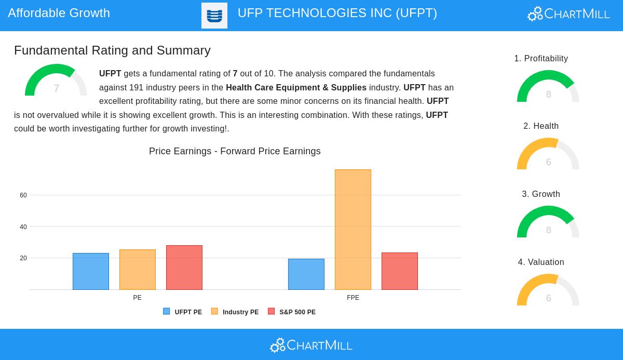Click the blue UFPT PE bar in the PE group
click(x=91, y=272)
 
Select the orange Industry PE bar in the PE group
click(x=138, y=270)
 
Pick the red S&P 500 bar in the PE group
click(x=184, y=268)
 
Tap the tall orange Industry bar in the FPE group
click(x=353, y=230)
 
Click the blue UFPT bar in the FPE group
click(x=306, y=274)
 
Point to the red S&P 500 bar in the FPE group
click(x=400, y=271)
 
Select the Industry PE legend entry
click(x=235, y=312)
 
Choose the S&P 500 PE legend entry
click(x=292, y=312)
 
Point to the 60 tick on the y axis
click(x=23, y=195)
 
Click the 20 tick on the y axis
click(x=23, y=258)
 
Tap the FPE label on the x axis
click(x=353, y=298)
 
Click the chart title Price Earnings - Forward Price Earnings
click(x=235, y=151)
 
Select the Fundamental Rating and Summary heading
click(x=112, y=50)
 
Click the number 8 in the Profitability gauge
click(x=549, y=95)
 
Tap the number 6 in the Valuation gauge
click(x=549, y=298)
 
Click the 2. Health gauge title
click(x=541, y=126)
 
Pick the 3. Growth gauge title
click(x=541, y=194)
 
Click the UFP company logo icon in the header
click(x=214, y=16)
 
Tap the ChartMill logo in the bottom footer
click(x=311, y=345)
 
